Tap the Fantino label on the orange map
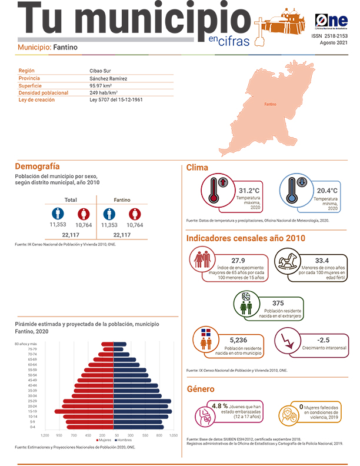click(270, 104)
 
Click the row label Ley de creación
click(36, 99)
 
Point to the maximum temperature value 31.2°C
click(249, 191)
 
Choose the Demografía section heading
click(37, 167)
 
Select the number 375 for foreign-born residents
click(278, 303)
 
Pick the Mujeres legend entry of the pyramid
click(104, 440)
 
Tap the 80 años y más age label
click(26, 344)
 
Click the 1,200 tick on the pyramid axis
click(45, 435)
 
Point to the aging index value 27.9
click(238, 260)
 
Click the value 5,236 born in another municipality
click(240, 340)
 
